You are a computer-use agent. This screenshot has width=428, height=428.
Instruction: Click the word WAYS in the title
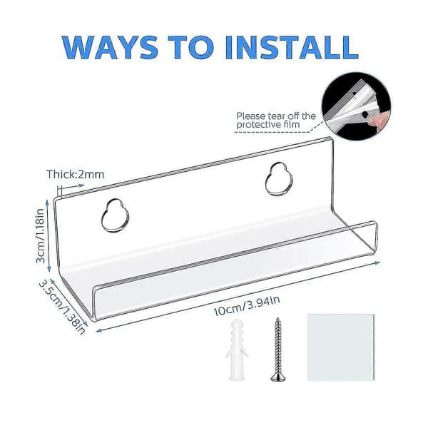110,48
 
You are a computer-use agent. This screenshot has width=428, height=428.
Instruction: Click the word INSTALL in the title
292,48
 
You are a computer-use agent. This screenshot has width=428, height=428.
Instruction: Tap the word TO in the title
191,48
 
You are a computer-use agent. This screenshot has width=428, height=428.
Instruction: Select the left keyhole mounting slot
116,215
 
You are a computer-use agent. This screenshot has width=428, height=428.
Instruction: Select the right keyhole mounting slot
279,179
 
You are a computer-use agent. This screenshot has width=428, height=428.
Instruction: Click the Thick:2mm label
76,175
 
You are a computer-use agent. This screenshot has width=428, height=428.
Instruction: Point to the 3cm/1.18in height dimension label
41,235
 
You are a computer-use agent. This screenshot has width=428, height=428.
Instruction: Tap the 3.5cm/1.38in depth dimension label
62,307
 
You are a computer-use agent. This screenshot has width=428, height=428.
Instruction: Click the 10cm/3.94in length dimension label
247,306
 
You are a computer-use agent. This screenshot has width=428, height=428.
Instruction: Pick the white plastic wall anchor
236,350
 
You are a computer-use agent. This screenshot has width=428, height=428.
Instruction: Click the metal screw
278,350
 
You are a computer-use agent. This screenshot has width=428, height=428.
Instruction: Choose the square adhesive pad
341,347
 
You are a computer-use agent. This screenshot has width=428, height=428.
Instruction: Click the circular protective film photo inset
356,107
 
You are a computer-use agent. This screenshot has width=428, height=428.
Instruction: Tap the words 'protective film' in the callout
268,125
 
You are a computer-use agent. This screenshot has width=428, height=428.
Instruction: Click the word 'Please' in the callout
251,116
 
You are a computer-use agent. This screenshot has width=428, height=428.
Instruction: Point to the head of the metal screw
278,378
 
